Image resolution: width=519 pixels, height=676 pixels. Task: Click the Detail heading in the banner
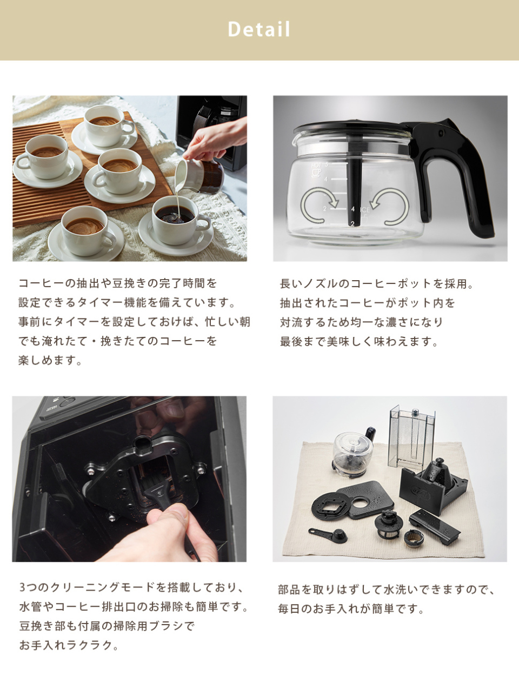pyautogui.click(x=259, y=29)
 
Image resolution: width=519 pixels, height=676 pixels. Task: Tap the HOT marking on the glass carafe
pyautogui.click(x=316, y=165)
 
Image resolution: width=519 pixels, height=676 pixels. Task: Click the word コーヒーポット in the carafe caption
pyautogui.click(x=392, y=284)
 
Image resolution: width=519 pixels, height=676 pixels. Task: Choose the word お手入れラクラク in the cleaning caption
pyautogui.click(x=66, y=645)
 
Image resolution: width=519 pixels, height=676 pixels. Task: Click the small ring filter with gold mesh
pyautogui.click(x=414, y=538)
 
